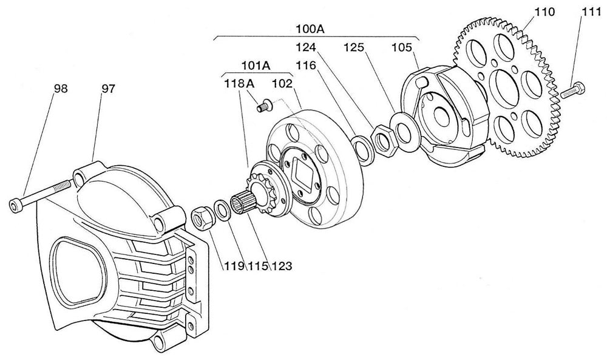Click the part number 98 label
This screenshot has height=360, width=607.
coord(60,89)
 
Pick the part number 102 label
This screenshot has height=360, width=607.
coord(282,84)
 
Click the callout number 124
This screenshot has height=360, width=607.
coord(307,47)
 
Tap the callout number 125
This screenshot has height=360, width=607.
coord(355,47)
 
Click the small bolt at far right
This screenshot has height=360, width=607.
coord(571,92)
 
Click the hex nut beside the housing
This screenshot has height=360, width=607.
coord(202,216)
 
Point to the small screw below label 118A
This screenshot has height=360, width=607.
coord(262,107)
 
